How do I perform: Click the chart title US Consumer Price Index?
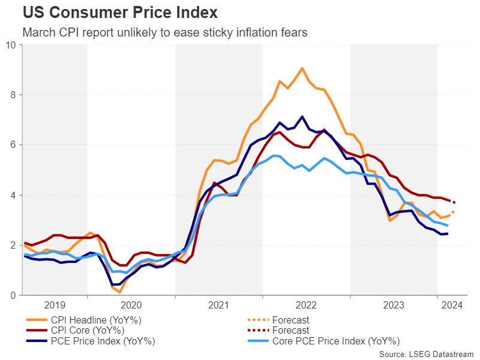[120, 12]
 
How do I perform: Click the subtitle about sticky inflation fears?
[165, 32]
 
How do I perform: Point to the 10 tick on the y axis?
[12, 45]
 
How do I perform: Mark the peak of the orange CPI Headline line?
[302, 68]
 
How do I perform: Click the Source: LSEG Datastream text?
[426, 355]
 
